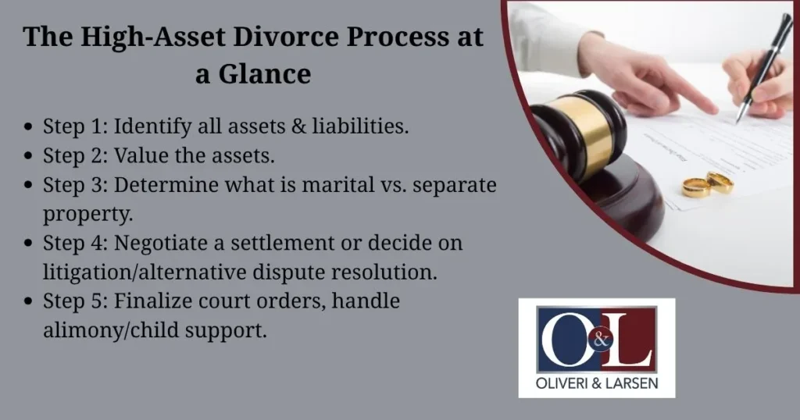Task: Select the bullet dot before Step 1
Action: (29, 127)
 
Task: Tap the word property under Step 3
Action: (82, 213)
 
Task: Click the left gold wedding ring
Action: (695, 187)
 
